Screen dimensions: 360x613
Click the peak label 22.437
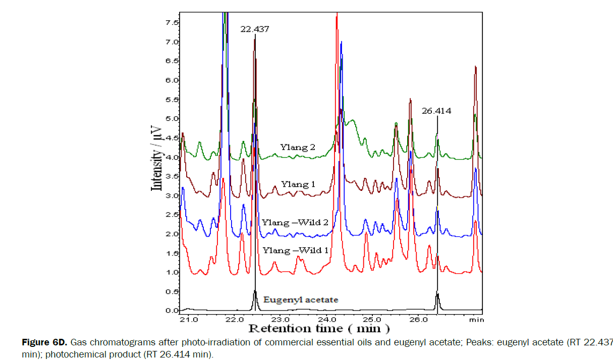pyautogui.click(x=254, y=29)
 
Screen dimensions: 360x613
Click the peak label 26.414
pyautogui.click(x=436, y=111)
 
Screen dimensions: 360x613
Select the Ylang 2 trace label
pyautogui.click(x=298, y=147)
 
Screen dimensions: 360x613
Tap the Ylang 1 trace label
pyautogui.click(x=298, y=185)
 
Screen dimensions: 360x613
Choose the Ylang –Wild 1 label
pyautogui.click(x=295, y=250)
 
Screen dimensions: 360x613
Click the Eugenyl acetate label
pyautogui.click(x=300, y=300)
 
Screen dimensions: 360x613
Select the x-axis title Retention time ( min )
pyautogui.click(x=318, y=329)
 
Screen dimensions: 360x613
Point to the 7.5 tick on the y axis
pyautogui.click(x=172, y=23)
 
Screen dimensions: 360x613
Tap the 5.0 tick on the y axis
pyautogui.click(x=172, y=119)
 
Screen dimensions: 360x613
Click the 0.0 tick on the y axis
pyautogui.click(x=172, y=311)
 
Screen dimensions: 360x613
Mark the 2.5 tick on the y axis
pyautogui.click(x=172, y=215)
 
